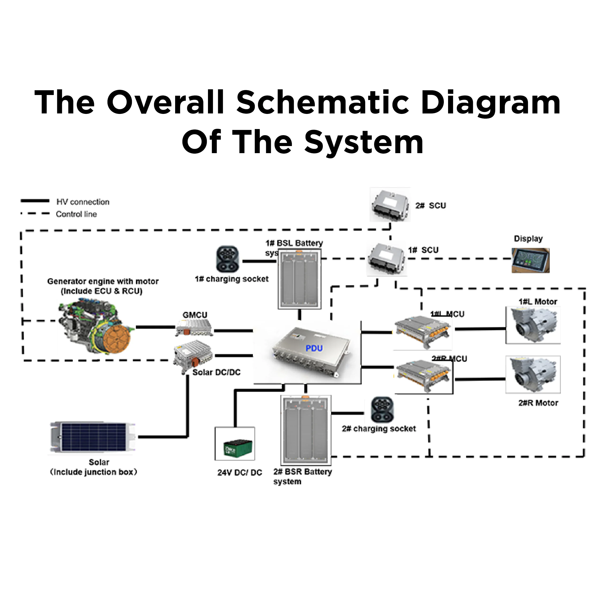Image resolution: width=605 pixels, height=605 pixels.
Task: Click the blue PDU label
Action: coord(314,348)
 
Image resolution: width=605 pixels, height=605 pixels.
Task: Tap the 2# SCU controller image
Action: coord(390,205)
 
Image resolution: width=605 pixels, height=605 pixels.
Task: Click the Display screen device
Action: coord(531,260)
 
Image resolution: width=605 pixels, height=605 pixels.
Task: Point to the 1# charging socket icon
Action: coord(228,259)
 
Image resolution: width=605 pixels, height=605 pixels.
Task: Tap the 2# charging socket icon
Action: coord(382,410)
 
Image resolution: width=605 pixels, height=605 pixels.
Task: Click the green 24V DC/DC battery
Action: coord(238,448)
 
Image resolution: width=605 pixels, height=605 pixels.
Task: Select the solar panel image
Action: coord(93,437)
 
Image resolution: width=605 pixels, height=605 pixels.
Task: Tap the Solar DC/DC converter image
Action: coord(193,355)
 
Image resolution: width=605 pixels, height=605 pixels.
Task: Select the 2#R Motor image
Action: coord(533,375)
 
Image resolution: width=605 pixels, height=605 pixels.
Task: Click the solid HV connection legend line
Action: coord(35,201)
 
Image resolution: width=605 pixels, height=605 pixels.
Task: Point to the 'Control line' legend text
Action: coord(76,214)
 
